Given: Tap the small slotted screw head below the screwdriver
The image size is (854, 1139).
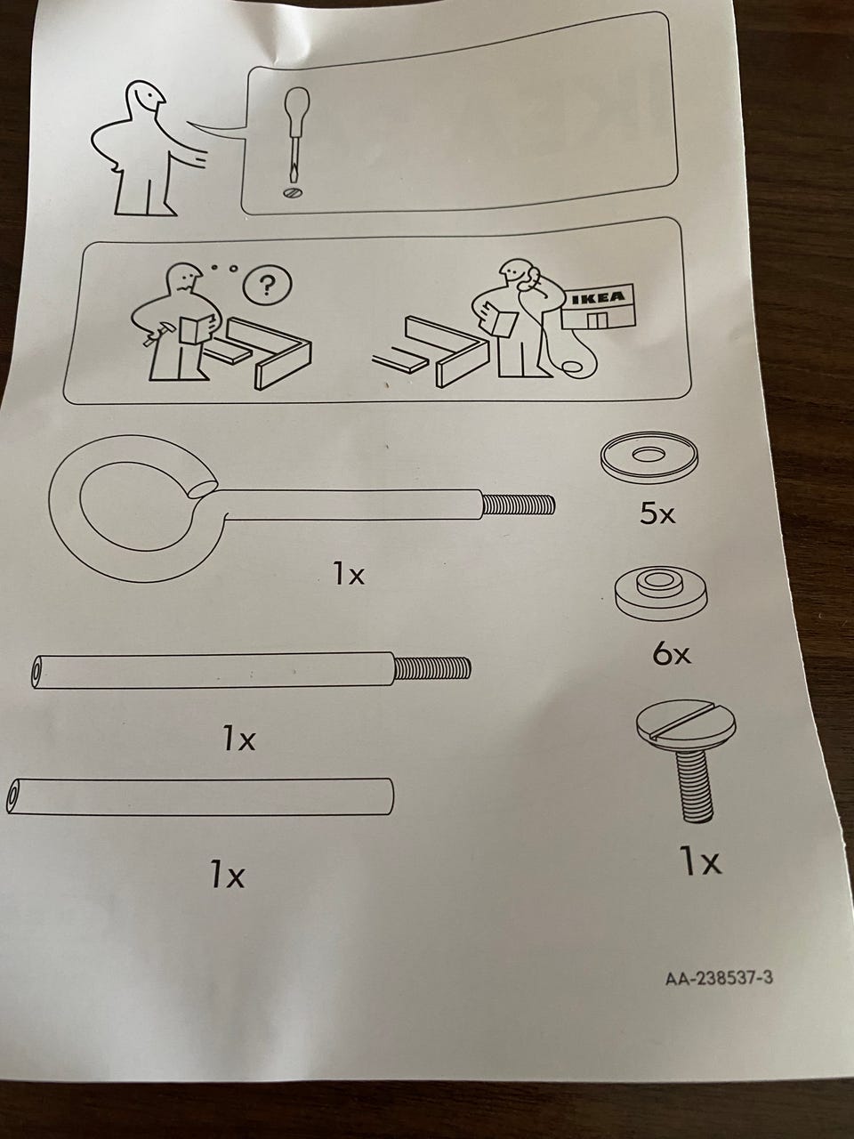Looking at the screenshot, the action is (292, 192).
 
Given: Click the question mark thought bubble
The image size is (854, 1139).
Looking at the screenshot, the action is (268, 284).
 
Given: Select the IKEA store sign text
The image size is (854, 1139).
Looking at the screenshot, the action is (599, 298).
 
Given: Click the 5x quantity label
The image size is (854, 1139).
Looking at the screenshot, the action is (658, 513).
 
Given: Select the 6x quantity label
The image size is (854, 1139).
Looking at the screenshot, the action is (672, 654).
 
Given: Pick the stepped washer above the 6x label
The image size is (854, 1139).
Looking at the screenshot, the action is (661, 593).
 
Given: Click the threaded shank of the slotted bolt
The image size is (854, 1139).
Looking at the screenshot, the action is (695, 792).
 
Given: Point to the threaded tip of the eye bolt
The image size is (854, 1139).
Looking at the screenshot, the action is (519, 504).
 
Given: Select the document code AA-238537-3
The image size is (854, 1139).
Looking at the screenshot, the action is (719, 979).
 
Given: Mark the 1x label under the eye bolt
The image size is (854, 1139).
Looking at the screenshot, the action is (348, 575).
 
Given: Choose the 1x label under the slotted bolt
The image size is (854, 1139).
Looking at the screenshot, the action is (700, 862).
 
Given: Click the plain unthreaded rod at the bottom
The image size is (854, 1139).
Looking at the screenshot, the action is (200, 797).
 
